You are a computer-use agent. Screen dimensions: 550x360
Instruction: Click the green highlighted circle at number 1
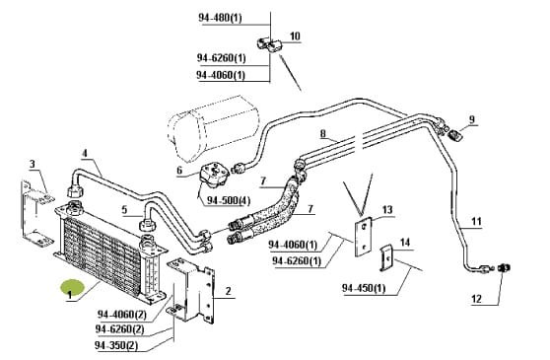73,288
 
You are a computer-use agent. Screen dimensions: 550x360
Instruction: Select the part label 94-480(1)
220,18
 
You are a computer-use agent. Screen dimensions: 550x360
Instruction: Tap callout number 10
295,36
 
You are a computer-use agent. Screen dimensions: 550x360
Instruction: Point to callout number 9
471,119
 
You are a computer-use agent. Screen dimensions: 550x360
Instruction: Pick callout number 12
476,299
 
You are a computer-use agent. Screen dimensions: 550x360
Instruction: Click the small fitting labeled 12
505,269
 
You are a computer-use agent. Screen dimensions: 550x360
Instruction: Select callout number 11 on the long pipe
476,221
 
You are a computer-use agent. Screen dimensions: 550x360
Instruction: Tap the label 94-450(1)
364,288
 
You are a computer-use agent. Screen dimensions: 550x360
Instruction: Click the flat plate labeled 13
364,237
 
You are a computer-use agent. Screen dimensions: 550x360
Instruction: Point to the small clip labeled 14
385,257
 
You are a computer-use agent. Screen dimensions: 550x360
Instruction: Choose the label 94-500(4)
229,200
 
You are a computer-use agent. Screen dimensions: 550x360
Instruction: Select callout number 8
322,134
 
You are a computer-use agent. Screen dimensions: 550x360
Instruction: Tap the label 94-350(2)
116,345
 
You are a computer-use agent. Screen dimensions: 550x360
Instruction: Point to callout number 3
33,164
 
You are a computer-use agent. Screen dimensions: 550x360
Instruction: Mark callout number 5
124,210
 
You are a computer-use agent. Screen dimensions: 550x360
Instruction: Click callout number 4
85,153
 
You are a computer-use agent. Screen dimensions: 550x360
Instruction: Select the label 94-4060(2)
121,315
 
